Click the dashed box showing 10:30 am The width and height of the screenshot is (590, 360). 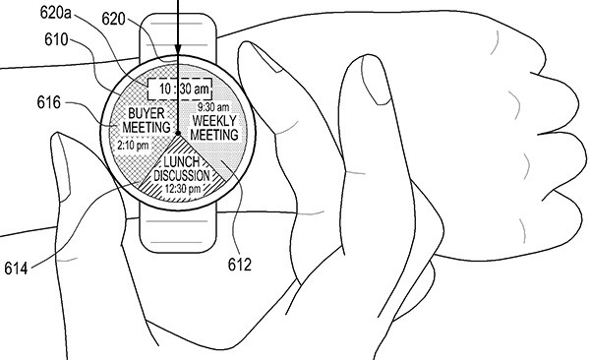(x=180, y=89)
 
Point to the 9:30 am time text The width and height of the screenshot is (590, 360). (x=211, y=106)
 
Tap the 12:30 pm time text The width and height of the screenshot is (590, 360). (x=180, y=188)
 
